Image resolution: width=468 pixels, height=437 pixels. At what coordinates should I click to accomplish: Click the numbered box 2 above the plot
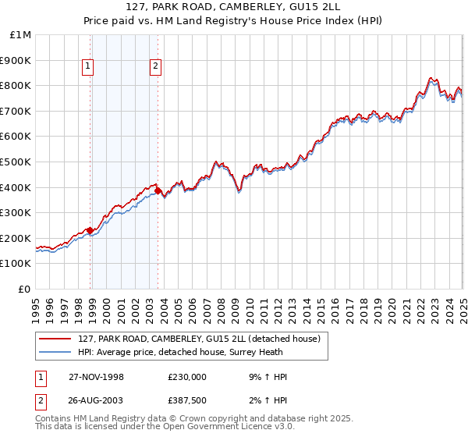(x=156, y=67)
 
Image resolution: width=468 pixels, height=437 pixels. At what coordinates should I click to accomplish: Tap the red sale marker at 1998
(x=90, y=230)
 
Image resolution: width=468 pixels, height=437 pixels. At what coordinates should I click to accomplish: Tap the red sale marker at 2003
(x=158, y=190)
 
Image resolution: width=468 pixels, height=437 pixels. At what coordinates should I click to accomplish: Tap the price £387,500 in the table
(x=187, y=401)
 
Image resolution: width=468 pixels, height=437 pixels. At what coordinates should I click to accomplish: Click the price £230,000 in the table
(x=187, y=377)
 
